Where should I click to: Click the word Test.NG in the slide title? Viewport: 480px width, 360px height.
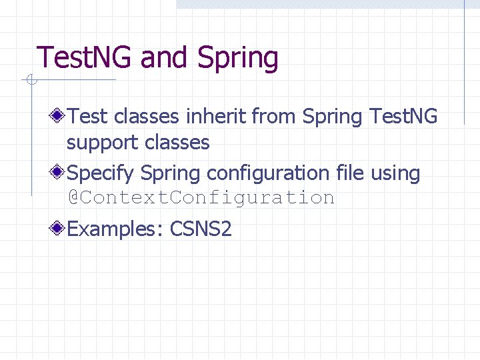[85, 57]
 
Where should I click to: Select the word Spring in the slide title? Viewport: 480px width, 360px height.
[238, 59]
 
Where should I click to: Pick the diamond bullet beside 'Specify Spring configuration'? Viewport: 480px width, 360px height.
[59, 173]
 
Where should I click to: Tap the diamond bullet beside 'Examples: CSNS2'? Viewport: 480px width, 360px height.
[59, 229]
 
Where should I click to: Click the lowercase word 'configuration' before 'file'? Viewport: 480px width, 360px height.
[268, 174]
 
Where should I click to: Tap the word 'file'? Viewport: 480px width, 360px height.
[350, 173]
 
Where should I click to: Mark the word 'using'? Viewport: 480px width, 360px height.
[395, 174]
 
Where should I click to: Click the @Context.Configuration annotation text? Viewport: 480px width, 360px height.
[201, 198]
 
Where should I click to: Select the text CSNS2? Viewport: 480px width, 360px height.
[201, 229]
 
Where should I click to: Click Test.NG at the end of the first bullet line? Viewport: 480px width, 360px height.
[404, 117]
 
